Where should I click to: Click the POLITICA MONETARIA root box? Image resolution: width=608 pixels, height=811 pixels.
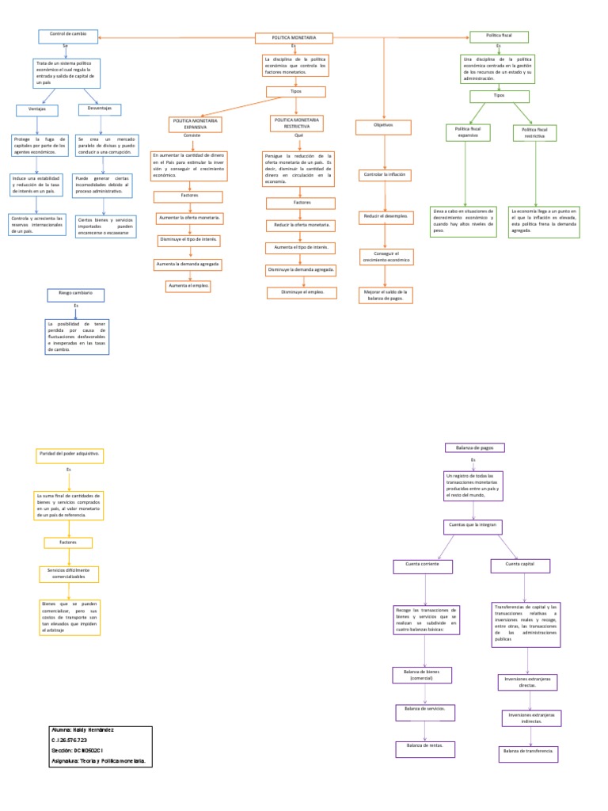(x=294, y=38)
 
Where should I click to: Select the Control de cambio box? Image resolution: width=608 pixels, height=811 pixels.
(x=67, y=36)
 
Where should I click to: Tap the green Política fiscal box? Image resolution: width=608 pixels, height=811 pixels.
(x=499, y=36)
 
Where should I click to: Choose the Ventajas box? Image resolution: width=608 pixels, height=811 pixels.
(x=35, y=109)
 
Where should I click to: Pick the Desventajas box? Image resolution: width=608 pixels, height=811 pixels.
(x=100, y=109)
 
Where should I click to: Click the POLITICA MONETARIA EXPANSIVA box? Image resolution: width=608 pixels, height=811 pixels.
(x=194, y=124)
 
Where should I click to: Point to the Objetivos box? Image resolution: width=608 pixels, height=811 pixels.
(x=383, y=126)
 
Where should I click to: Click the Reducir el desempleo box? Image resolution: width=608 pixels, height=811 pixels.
(x=384, y=215)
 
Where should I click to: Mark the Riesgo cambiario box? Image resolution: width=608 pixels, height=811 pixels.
(x=76, y=294)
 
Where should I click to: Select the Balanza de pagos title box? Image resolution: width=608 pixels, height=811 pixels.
(x=475, y=447)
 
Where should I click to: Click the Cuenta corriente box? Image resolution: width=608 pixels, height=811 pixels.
(x=423, y=565)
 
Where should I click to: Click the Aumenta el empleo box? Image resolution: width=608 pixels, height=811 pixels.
(x=188, y=285)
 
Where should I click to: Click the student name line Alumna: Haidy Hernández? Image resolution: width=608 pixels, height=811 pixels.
(x=83, y=729)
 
